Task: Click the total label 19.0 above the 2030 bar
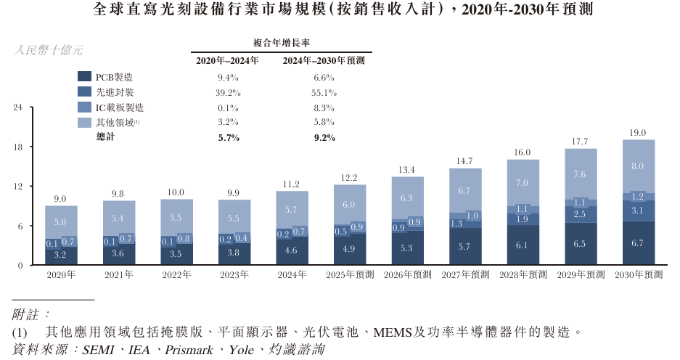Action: (639, 134)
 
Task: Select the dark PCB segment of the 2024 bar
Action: (292, 250)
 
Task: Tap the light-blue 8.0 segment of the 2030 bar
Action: (639, 166)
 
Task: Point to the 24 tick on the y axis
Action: (20, 107)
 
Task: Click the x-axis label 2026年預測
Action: (408, 275)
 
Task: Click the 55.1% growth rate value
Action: (324, 92)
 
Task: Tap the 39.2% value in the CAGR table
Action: (228, 92)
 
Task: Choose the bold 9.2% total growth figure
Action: (324, 137)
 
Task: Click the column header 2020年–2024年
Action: (228, 61)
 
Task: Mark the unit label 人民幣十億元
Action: (48, 50)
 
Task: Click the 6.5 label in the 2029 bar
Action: (581, 244)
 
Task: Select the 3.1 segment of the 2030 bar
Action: (639, 210)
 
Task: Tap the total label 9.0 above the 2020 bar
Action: (61, 199)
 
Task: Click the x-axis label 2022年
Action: (176, 275)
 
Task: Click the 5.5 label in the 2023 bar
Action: (234, 218)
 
